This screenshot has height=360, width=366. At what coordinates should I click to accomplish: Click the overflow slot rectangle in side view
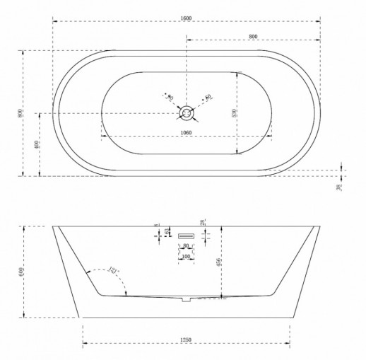pyautogui.click(x=187, y=235)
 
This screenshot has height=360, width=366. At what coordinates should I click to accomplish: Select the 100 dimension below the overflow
pyautogui.click(x=186, y=255)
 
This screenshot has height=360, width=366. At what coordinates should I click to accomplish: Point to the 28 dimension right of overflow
pyautogui.click(x=203, y=223)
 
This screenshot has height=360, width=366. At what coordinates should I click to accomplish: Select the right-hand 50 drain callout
pyautogui.click(x=208, y=97)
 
